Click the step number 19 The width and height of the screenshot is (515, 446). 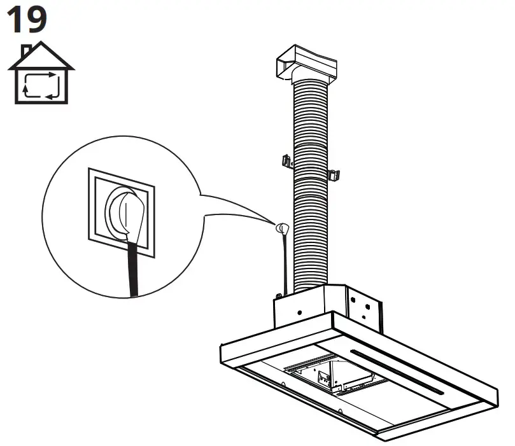26,19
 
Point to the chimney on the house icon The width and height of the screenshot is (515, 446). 26,50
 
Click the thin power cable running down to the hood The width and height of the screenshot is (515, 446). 281,261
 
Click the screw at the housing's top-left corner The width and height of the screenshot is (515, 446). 279,296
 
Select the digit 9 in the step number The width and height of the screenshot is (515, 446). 36,19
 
